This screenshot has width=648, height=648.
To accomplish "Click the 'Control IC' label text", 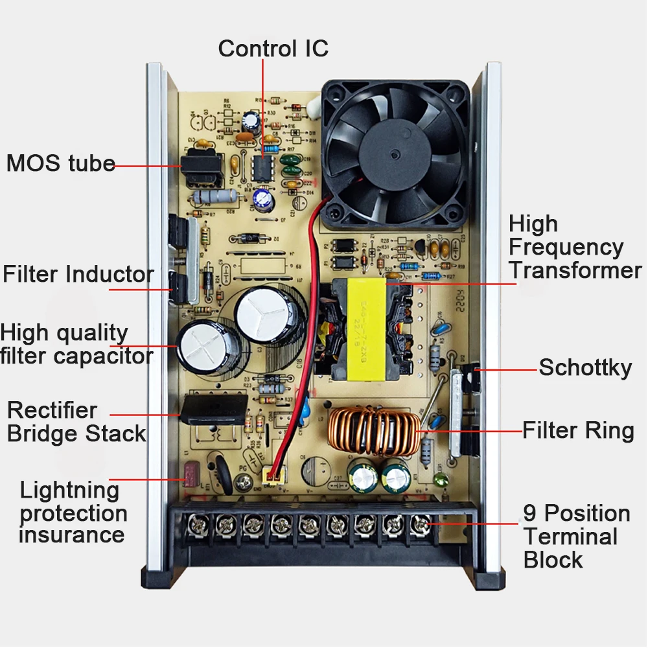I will (x=273, y=49).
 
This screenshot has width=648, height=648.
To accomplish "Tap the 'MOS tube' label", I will (x=60, y=163).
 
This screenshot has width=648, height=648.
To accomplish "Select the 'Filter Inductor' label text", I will (x=78, y=274).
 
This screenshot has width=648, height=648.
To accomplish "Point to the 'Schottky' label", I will (x=585, y=368).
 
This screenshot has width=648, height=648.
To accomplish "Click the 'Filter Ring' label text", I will (x=578, y=430).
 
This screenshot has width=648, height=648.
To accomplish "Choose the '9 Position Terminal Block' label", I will (x=576, y=537).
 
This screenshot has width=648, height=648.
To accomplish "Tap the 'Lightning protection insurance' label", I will (x=73, y=513).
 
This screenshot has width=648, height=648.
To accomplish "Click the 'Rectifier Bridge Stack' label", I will (x=76, y=422).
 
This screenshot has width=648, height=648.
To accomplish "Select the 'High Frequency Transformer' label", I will (x=574, y=247).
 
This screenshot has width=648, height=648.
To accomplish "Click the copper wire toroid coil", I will (x=372, y=432).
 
